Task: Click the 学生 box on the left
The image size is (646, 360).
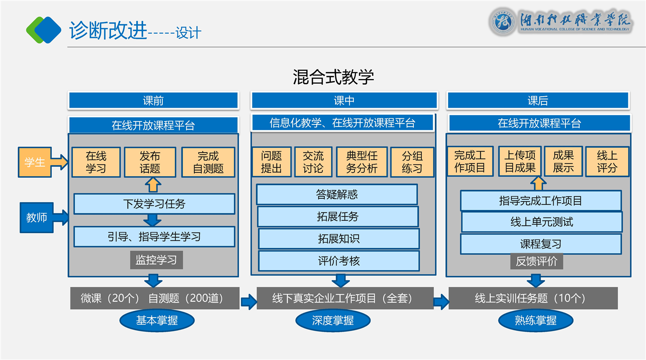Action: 35,162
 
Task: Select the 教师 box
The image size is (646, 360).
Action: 37,217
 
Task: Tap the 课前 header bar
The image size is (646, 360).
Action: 153,101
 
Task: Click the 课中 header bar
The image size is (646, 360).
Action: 344,101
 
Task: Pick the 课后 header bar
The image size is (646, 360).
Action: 538,101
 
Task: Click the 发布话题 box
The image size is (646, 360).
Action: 150,163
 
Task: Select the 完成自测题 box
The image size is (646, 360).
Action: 208,163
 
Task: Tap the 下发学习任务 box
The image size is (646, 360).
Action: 154,204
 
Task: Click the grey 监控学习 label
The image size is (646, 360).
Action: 156,260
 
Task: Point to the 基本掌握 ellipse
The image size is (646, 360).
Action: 157,321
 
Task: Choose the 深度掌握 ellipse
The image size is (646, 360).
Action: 333,321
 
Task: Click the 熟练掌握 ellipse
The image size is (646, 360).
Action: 536,321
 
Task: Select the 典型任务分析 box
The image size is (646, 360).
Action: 362,162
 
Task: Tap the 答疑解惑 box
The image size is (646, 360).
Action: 337,194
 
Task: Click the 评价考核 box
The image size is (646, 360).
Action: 339,261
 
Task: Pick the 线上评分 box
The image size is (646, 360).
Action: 607,162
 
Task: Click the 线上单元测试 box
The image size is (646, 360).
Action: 541,222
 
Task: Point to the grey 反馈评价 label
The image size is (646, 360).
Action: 537,261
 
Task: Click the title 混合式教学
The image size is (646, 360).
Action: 333,77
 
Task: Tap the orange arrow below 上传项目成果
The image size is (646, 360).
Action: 538,184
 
